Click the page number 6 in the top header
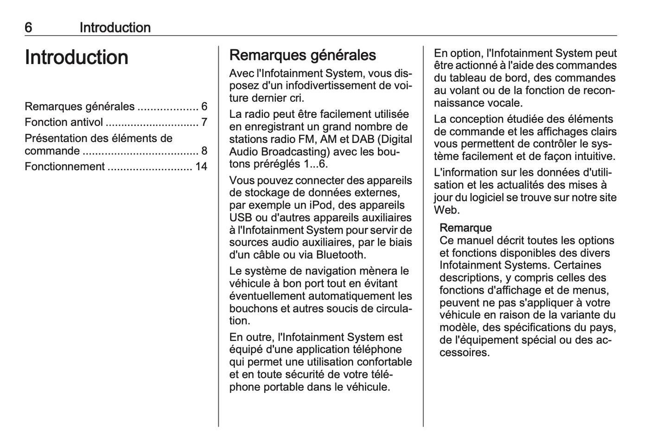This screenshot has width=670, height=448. pyautogui.click(x=28, y=27)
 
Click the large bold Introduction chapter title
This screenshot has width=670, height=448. pyautogui.click(x=77, y=58)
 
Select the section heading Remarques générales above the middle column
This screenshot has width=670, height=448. pyautogui.click(x=302, y=55)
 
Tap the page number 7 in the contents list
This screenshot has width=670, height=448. pyautogui.click(x=204, y=122)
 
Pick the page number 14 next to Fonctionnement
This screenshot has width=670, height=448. pyautogui.click(x=201, y=166)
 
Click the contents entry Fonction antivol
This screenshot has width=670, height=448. pyautogui.click(x=64, y=122)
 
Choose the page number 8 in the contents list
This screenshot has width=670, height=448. pyautogui.click(x=204, y=151)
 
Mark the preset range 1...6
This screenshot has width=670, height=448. pyautogui.click(x=315, y=164)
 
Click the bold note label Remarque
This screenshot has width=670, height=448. pyautogui.click(x=466, y=228)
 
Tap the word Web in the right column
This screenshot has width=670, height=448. pyautogui.click(x=446, y=210)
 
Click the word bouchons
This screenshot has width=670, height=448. pyautogui.click(x=252, y=308)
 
